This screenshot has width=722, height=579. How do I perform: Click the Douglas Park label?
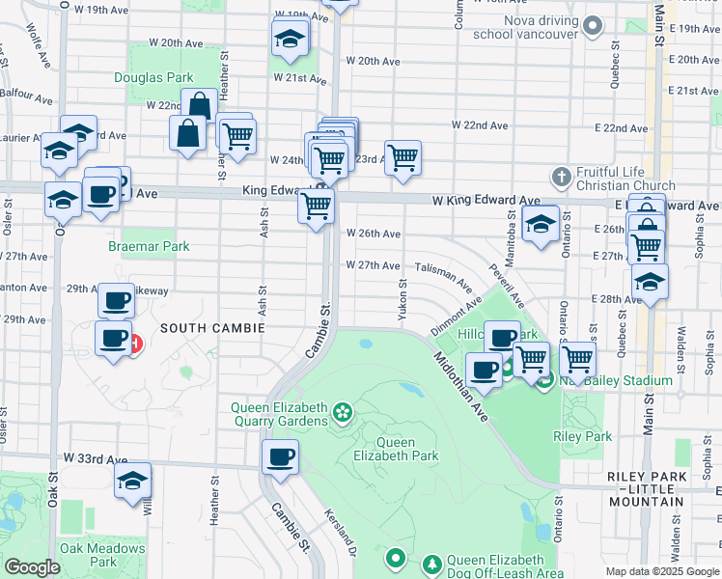pos(153,76)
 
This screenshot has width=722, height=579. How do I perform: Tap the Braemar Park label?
pos(149,247)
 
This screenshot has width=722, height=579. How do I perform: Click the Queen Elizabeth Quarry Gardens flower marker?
pos(341,414)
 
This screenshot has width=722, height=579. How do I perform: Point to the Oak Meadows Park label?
pos(103,555)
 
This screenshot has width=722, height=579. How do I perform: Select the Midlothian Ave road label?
pos(461,387)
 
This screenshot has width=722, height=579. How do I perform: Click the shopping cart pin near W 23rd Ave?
pos(403,156)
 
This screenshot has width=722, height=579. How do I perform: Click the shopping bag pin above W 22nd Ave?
pos(199,105)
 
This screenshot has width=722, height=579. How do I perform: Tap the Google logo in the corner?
pos(32,567)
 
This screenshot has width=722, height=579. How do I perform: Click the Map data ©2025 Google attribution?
pos(662,571)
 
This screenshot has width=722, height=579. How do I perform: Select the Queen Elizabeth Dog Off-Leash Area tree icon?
pos(432,561)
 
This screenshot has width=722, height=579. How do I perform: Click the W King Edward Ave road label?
pos(486,201)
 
